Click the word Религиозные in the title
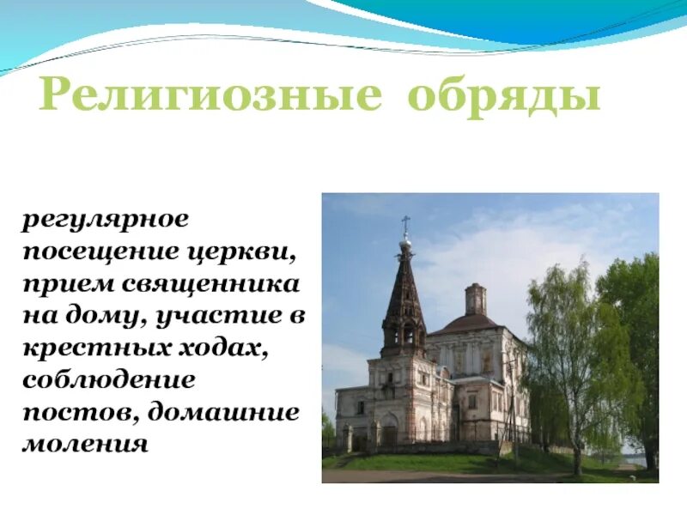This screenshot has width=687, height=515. tap(210, 95)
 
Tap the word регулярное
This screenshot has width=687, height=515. tap(105, 219)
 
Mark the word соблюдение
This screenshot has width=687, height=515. tap(109, 380)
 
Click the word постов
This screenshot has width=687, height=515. tap(79, 413)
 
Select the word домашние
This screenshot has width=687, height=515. tap(224, 413)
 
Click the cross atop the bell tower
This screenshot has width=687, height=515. tap(405, 225)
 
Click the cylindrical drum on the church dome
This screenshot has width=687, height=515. tap(475, 300)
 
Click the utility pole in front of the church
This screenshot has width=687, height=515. tap(513, 412)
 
